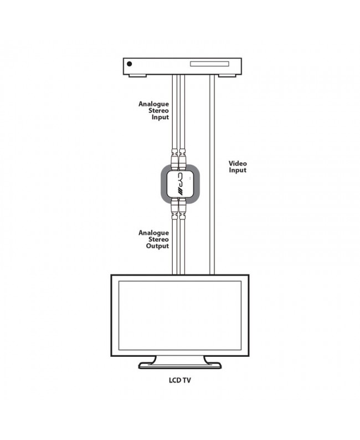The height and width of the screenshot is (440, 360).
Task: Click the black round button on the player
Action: pos(129,64)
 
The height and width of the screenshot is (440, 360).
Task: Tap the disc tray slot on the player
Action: pos(209,64)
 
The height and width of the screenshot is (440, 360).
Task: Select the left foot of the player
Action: pos(137,75)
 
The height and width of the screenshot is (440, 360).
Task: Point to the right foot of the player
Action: pos(227,75)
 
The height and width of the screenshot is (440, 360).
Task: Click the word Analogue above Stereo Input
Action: pos(153,104)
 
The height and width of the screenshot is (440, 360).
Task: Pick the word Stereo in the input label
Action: pos(159,111)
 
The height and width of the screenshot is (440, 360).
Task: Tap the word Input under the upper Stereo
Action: pos(161,117)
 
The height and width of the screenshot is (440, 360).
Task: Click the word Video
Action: pos(238,163)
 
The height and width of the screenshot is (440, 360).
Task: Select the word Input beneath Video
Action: pos(238,170)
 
